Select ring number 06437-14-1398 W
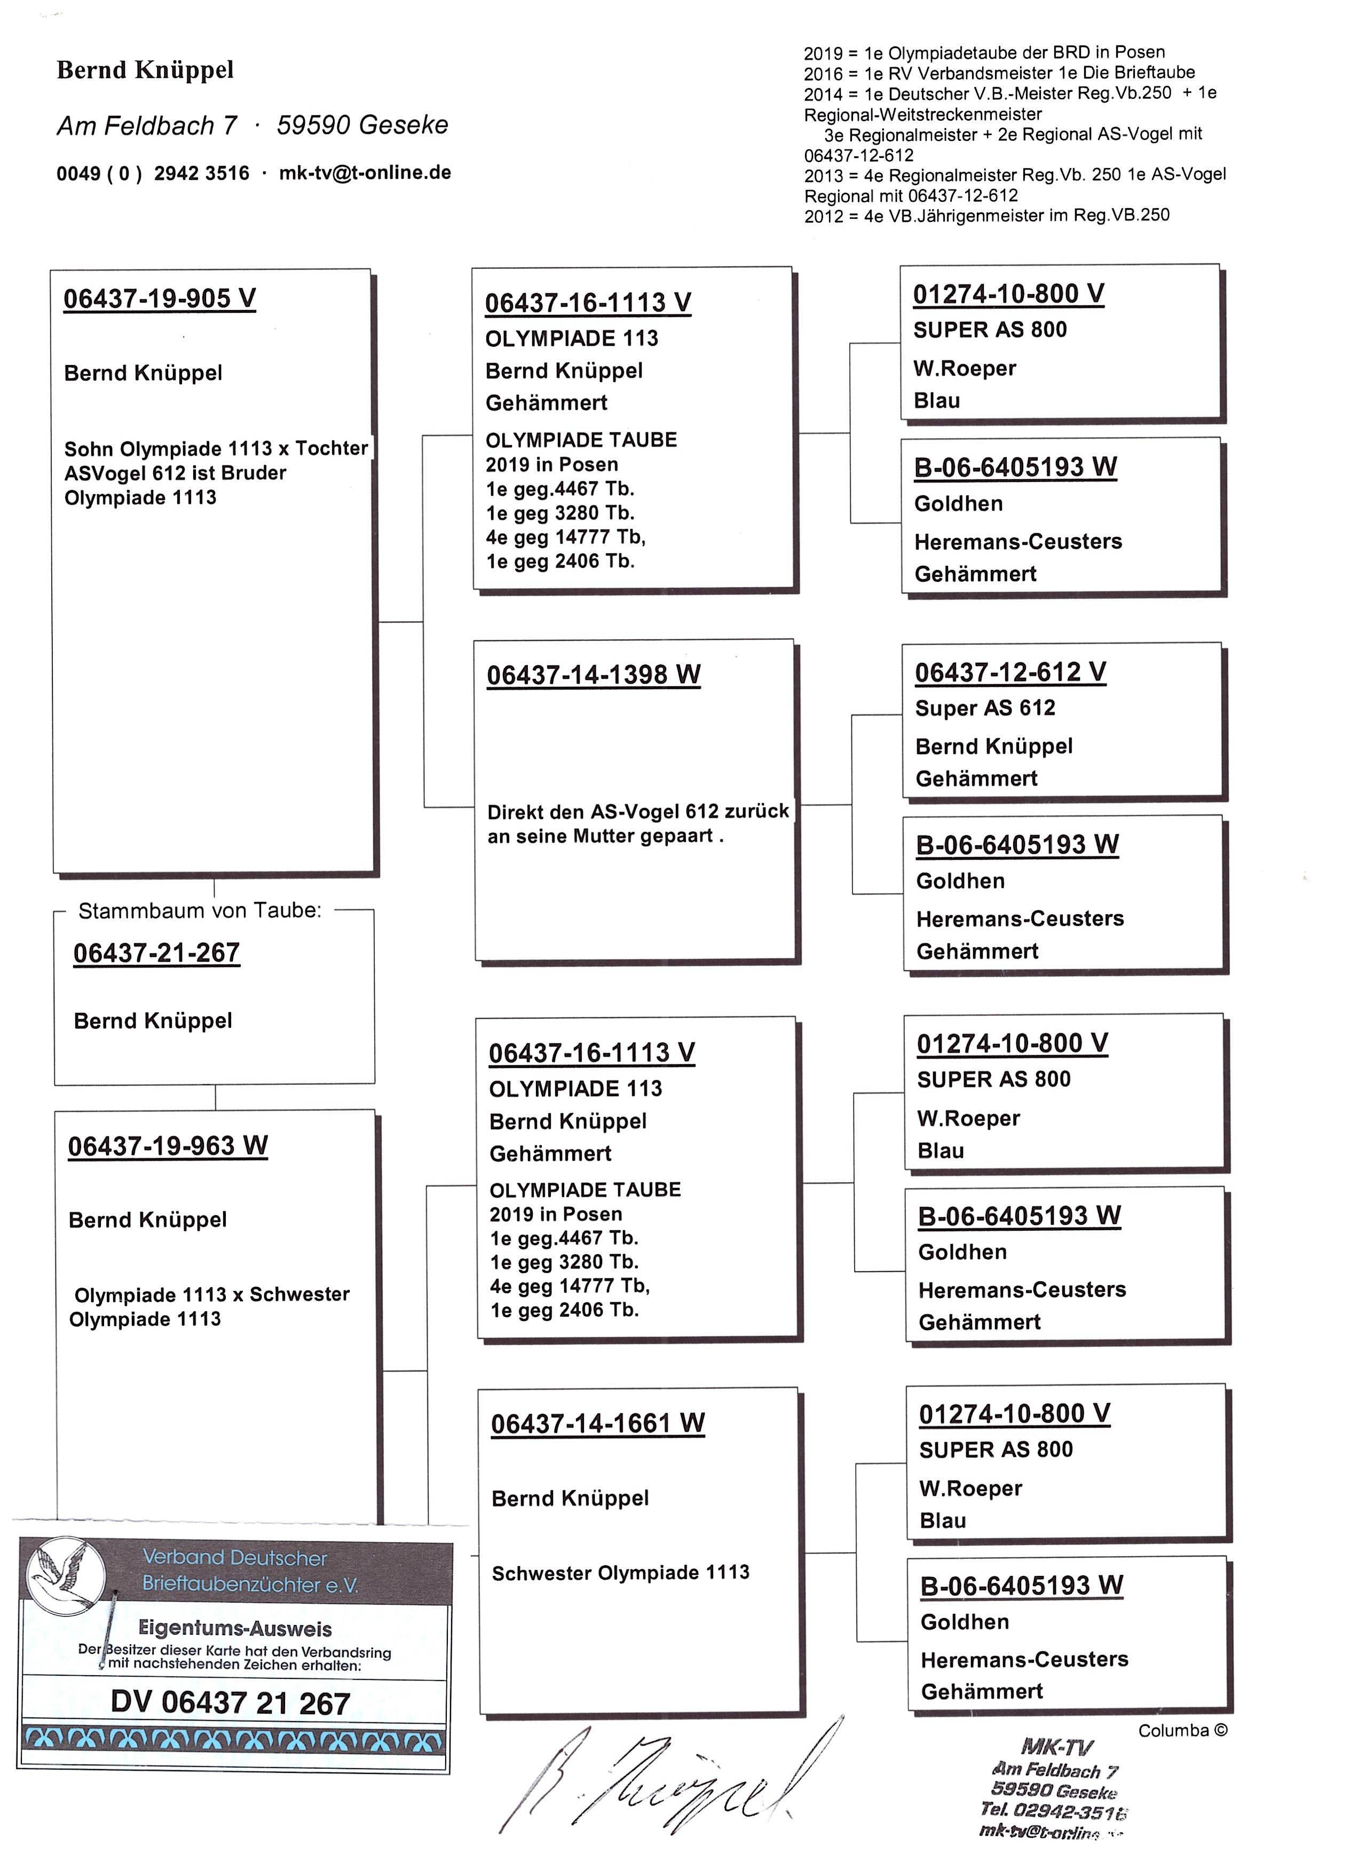point(593,675)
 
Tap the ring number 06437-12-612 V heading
point(1010,672)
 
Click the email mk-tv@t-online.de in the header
point(365,172)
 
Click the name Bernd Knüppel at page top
point(145,70)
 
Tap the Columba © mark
point(1182,1731)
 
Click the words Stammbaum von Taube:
point(200,910)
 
